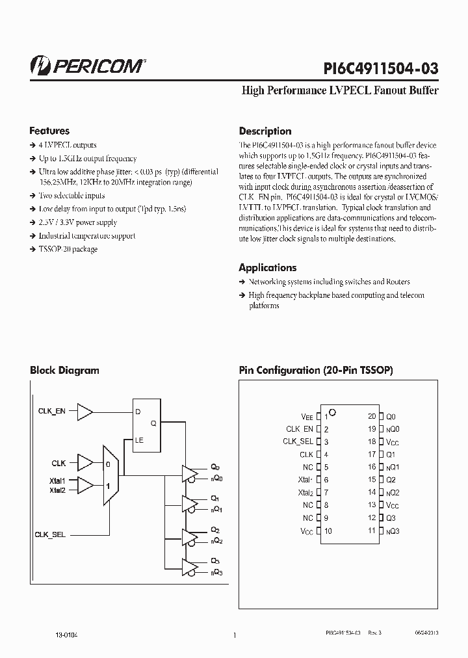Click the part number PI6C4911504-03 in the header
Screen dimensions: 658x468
[381, 69]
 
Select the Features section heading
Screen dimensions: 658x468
[49, 131]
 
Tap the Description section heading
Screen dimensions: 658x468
[265, 131]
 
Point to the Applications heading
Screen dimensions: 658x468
[267, 267]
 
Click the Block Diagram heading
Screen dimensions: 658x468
[64, 371]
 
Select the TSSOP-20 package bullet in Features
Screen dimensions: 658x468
[68, 249]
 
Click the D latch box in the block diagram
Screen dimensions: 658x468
[147, 423]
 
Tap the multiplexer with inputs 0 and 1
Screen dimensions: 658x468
[110, 475]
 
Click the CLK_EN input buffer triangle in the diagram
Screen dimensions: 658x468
[84, 411]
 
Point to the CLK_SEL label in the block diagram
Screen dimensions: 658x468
[50, 534]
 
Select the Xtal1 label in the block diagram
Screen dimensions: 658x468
[58, 480]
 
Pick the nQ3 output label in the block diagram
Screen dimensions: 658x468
[216, 572]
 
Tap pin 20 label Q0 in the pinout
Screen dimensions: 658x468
[391, 416]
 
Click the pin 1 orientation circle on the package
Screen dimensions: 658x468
[332, 412]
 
